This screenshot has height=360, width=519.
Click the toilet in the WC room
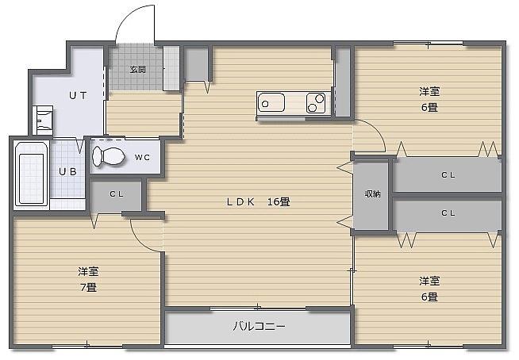coord(108,156)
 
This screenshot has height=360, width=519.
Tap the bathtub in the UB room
coord(32,174)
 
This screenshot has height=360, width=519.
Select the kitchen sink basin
coord(271,102)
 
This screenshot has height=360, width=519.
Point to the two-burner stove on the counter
coord(316,102)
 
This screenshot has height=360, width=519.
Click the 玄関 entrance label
coord(138,70)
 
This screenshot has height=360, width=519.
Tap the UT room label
coord(78,96)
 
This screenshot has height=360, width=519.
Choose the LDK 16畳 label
coord(258,201)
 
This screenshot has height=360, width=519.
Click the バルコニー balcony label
coord(259,327)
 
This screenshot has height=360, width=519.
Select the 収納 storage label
coord(372,194)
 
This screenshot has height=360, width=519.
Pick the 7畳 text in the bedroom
coord(88,287)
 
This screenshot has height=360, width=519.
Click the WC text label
coord(142,158)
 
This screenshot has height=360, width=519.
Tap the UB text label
coord(68,171)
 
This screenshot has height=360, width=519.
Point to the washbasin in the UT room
coord(43,120)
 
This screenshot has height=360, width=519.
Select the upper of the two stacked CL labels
coord(448,174)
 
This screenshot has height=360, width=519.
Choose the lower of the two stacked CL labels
coord(448,213)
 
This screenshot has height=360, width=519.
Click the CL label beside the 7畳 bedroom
coord(117,194)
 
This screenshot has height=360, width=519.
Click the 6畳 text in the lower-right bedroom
coord(429,297)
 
